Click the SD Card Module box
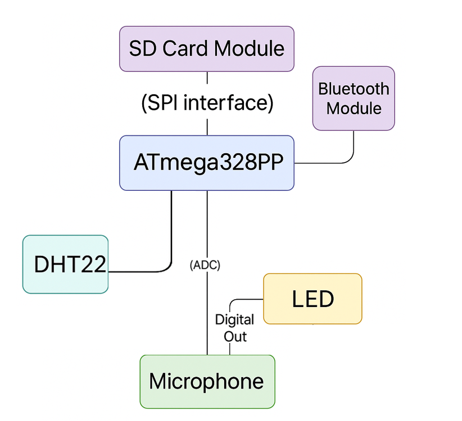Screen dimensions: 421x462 click(206, 49)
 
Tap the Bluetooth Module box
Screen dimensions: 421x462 click(354, 99)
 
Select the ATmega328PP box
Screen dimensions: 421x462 click(206, 163)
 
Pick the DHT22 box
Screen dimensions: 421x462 click(65, 264)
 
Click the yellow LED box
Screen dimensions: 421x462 click(312, 299)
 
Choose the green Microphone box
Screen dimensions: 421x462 click(207, 382)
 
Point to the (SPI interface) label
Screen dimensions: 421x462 click(206, 103)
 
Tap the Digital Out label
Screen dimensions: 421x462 click(235, 328)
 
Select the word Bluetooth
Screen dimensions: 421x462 click(354, 89)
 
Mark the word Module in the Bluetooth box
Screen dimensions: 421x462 click(354, 108)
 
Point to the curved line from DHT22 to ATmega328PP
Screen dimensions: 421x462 click(170, 247)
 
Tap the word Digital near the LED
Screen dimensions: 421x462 click(235, 320)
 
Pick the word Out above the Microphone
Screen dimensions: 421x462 click(235, 336)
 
